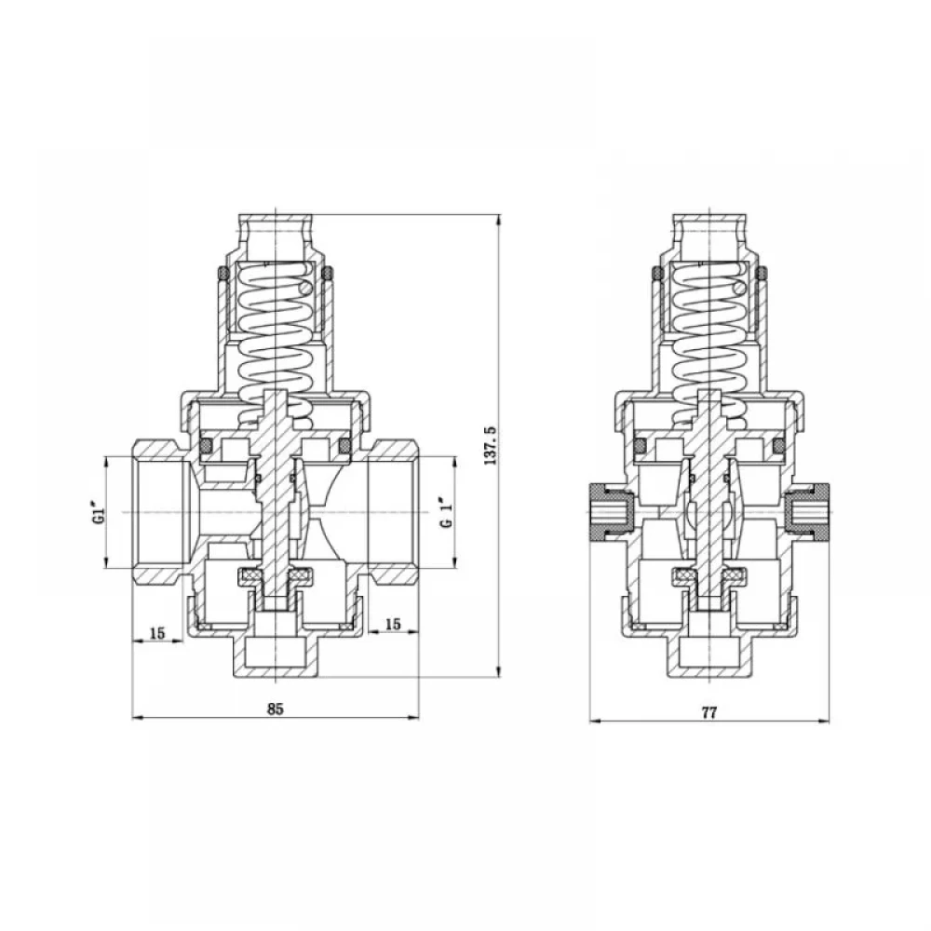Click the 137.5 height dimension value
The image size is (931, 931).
(x=491, y=445)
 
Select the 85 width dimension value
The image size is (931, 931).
(x=276, y=708)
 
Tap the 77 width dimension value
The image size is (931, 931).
(x=709, y=713)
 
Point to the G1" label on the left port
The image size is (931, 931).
(x=101, y=513)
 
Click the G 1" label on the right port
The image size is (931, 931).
(x=447, y=512)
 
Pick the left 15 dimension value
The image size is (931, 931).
(x=156, y=633)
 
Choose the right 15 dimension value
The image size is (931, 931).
(x=393, y=624)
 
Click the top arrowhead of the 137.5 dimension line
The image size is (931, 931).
(x=499, y=220)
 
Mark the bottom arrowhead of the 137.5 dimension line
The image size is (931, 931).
(x=499, y=671)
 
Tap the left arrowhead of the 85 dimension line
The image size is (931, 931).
(x=138, y=718)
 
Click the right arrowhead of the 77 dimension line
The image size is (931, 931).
(x=823, y=722)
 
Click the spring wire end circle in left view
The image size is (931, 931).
(x=305, y=288)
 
